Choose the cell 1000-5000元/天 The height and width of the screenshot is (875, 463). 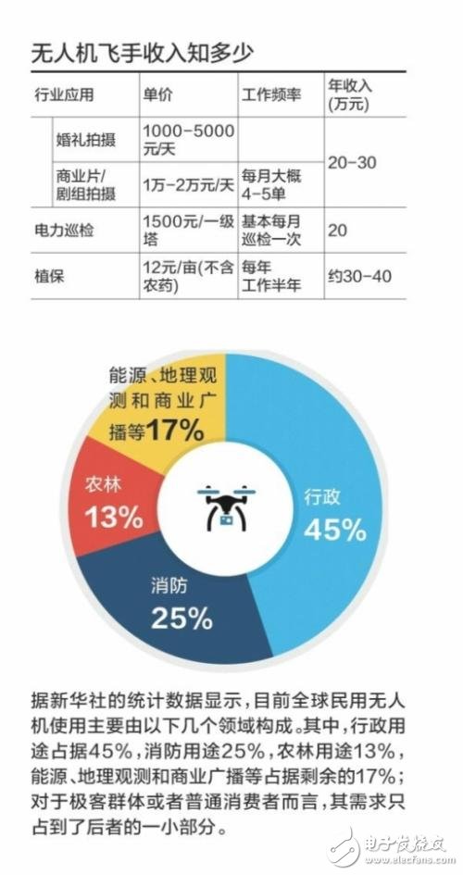click(x=188, y=139)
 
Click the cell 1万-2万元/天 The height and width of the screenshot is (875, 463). click(x=189, y=185)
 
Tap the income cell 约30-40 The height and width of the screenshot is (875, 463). click(x=361, y=275)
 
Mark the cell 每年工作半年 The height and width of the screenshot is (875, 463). click(x=271, y=275)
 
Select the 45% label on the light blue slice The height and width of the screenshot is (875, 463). click(x=335, y=529)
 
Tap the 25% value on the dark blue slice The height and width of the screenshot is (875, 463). click(x=182, y=617)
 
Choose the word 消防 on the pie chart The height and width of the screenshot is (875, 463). click(x=170, y=585)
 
